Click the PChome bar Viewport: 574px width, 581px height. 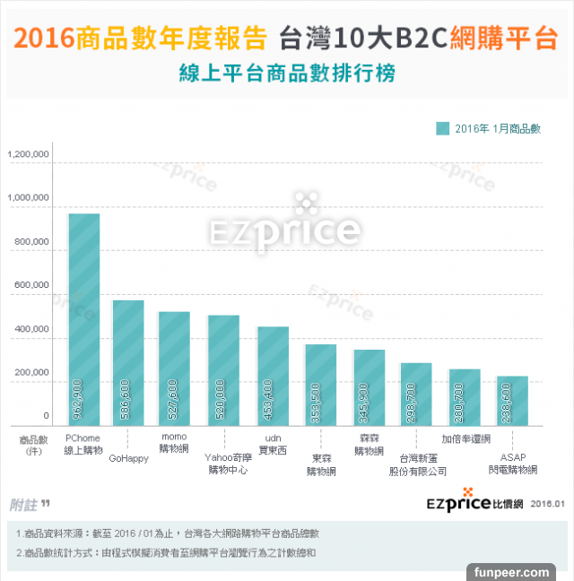point(84,319)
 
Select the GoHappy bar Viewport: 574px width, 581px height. point(128,362)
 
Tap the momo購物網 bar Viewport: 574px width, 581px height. point(174,369)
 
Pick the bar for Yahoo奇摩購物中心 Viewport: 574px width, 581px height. point(223,370)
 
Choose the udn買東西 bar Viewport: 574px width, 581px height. point(273,376)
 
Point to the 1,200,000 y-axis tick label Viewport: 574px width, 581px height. point(29,156)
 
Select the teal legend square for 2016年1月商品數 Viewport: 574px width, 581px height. point(442,128)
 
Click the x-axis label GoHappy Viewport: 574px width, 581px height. point(128,459)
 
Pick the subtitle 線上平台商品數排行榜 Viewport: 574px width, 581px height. point(286,73)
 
